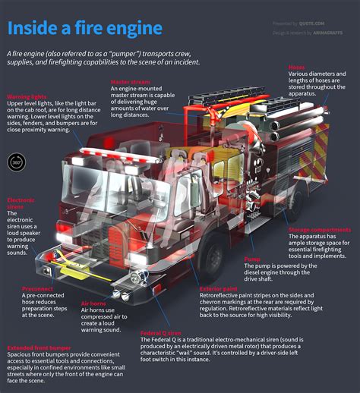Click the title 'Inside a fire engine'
point(85,29)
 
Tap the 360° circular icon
point(17,162)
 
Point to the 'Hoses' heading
point(296,67)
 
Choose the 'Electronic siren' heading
point(21,203)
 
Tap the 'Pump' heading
point(251,259)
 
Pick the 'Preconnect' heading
point(37,288)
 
